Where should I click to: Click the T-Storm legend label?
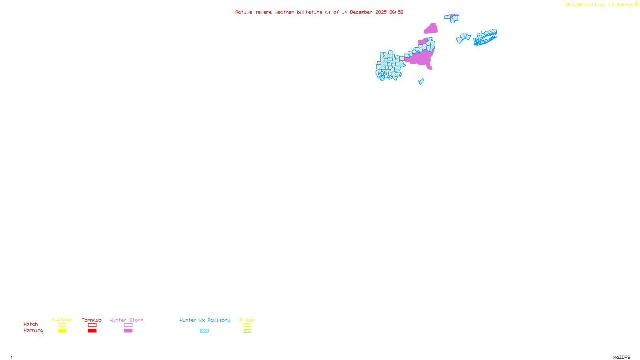pyautogui.click(x=62, y=320)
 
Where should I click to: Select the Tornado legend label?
pyautogui.click(x=92, y=320)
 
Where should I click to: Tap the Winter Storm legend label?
pyautogui.click(x=126, y=320)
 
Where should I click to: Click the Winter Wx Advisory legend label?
pyautogui.click(x=205, y=320)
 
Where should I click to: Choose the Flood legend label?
pyautogui.click(x=247, y=320)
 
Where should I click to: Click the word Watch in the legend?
pyautogui.click(x=31, y=324)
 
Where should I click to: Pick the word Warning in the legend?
pyautogui.click(x=33, y=330)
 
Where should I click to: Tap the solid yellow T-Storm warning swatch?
pyautogui.click(x=62, y=331)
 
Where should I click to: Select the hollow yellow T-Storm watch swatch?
pyautogui.click(x=62, y=325)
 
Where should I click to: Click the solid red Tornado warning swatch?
pyautogui.click(x=92, y=331)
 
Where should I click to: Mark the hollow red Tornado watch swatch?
pyautogui.click(x=92, y=325)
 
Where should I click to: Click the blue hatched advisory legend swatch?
pyautogui.click(x=204, y=331)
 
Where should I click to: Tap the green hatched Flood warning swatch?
pyautogui.click(x=247, y=331)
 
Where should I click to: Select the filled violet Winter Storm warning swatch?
pyautogui.click(x=128, y=331)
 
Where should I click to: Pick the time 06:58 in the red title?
pyautogui.click(x=396, y=12)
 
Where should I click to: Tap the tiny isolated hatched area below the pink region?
pyautogui.click(x=421, y=82)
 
